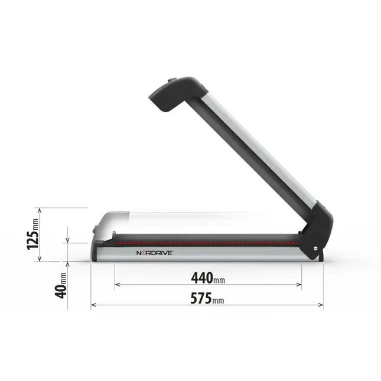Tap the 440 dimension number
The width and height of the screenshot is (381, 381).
point(203,276)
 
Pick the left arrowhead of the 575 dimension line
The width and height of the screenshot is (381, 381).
point(93,305)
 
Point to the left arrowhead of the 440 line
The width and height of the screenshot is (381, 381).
point(117,284)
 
